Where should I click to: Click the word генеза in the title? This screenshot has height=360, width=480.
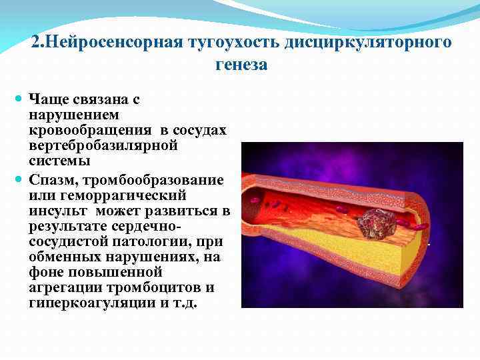coord(241,65)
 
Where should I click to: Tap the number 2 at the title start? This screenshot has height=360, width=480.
coord(35,42)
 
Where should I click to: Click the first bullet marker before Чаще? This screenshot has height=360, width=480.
coord(19,99)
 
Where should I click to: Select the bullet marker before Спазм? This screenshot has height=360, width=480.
coord(19,181)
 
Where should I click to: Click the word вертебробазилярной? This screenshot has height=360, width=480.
coord(103,145)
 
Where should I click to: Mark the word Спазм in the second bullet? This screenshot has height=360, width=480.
coord(51,181)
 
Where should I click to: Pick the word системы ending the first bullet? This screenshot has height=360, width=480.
coord(59,161)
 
